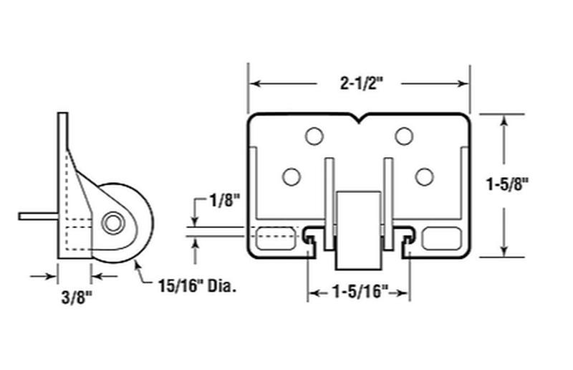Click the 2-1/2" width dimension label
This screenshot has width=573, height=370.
(x=362, y=84)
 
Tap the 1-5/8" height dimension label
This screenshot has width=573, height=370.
(x=507, y=184)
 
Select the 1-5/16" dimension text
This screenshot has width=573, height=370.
(x=360, y=293)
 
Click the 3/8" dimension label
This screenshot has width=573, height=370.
(x=76, y=297)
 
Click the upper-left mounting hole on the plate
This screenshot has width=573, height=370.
(x=314, y=136)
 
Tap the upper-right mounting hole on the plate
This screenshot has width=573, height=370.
(x=404, y=136)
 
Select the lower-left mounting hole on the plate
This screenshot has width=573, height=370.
(x=292, y=176)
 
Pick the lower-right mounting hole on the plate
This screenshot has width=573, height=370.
(x=424, y=176)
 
